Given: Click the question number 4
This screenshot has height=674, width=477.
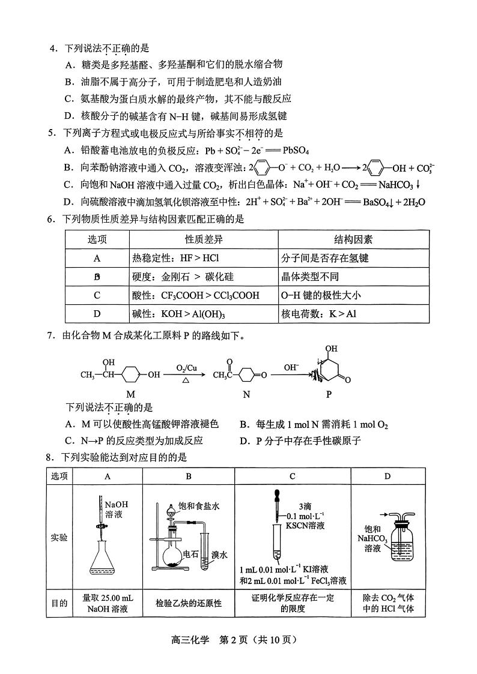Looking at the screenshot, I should click(x=52, y=47).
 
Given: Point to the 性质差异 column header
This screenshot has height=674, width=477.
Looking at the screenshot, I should click(x=204, y=239).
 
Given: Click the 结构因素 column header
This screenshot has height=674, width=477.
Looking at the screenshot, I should click(x=353, y=239).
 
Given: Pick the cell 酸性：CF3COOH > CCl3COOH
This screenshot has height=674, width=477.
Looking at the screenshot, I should click(x=195, y=295).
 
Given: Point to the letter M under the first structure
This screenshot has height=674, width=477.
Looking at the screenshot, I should click(x=130, y=394).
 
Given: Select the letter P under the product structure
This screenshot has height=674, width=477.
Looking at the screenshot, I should click(x=328, y=394).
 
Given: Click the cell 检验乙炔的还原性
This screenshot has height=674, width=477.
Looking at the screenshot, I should click(x=188, y=603).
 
